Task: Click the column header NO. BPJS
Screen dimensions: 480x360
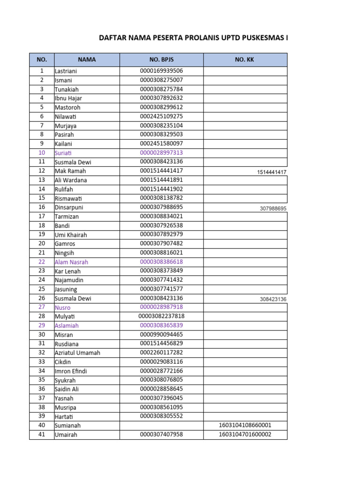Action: [161, 60]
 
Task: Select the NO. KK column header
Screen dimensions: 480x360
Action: [245, 60]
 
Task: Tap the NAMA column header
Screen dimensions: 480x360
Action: [87, 60]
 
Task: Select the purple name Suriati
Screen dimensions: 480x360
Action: [64, 153]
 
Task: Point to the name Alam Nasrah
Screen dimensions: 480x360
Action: [71, 262]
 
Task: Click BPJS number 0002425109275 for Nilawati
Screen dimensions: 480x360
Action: [161, 116]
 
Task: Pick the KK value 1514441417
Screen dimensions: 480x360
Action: [271, 172]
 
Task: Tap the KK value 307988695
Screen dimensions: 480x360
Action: [273, 209]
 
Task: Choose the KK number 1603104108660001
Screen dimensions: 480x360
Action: [245, 425]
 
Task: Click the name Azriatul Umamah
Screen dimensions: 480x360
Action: [77, 352]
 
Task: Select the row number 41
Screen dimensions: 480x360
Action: [42, 435]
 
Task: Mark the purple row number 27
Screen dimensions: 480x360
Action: [42, 307]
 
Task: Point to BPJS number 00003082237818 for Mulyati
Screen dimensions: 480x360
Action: [161, 316]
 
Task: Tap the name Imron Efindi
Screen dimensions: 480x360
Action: [71, 371]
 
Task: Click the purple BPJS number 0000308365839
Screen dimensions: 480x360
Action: [161, 325]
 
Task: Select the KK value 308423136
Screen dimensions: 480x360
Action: [273, 300]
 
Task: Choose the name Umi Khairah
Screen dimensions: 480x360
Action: [71, 235]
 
